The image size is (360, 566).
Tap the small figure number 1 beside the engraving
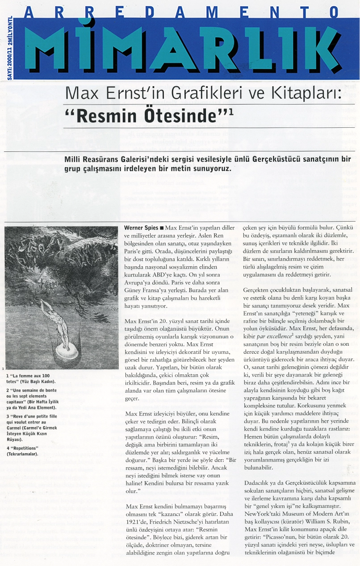point(3,369)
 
